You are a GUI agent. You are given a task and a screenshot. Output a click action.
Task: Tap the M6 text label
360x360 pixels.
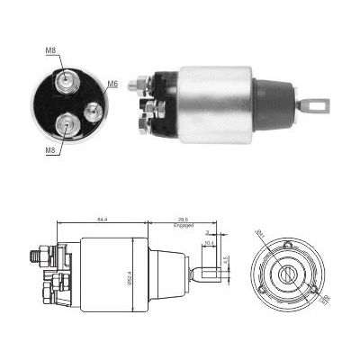click(112, 85)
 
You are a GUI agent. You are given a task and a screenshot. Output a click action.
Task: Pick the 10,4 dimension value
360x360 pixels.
click(209, 244)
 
